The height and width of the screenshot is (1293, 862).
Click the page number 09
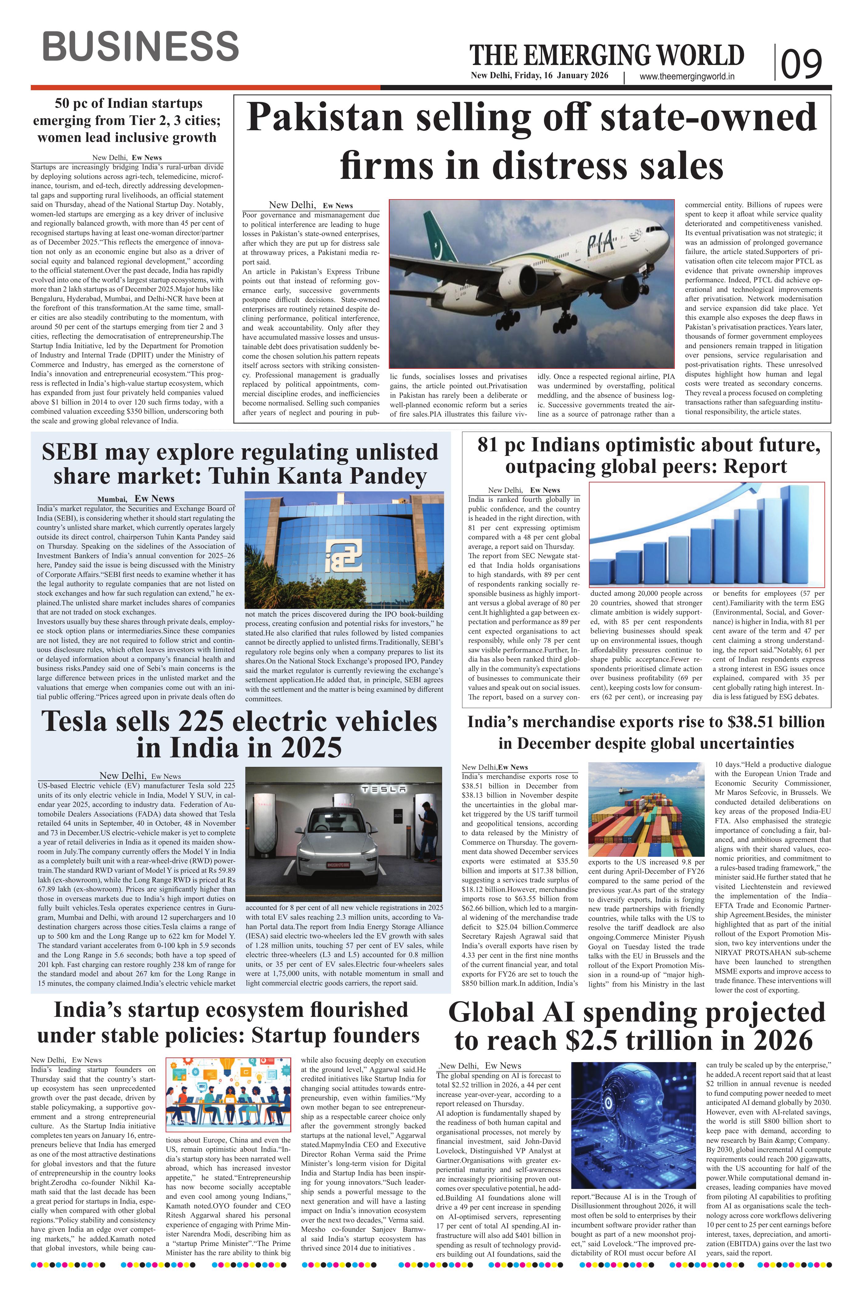[802, 63]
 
